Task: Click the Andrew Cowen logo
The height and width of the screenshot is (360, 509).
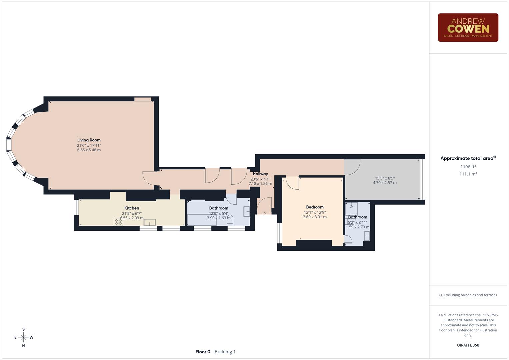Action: point(468,28)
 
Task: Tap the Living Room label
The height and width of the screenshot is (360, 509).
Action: point(89,140)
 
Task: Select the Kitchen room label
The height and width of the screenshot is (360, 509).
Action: point(132,208)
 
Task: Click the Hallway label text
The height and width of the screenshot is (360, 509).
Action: point(260,174)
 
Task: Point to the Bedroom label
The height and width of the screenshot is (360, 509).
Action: point(315,207)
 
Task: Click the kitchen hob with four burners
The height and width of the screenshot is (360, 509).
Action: point(118,222)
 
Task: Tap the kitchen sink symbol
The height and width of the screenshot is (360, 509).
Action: point(149,222)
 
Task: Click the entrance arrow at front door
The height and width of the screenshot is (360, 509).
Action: point(264,214)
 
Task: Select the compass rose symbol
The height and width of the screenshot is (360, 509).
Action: point(23,337)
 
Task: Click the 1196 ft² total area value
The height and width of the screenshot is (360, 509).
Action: point(468,167)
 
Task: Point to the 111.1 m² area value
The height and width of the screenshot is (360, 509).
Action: point(468,174)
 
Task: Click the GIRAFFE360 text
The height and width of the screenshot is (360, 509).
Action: point(468,345)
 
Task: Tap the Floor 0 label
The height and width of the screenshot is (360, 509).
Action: point(203,352)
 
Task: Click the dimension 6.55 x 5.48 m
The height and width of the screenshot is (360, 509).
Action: point(89,150)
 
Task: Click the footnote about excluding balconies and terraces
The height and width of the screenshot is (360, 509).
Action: point(468,295)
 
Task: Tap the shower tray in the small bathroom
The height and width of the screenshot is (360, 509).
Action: point(351,208)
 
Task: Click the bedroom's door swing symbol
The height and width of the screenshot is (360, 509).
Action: point(292,183)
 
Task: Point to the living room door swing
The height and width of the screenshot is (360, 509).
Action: point(149,178)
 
